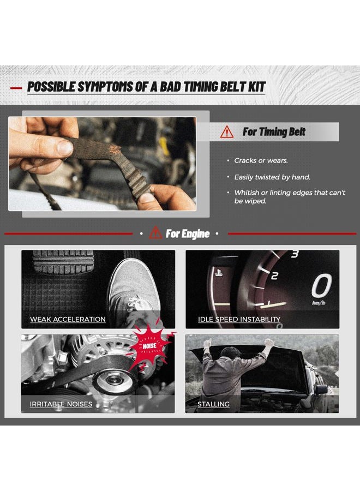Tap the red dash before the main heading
click(16, 88)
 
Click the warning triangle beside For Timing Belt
click(227, 132)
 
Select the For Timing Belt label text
click(274, 132)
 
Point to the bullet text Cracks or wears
click(261, 160)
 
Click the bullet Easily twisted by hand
click(272, 177)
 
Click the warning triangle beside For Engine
click(155, 233)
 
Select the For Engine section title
click(188, 233)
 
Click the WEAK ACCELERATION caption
click(68, 319)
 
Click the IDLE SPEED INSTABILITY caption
click(239, 319)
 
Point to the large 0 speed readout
click(321, 285)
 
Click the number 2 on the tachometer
click(274, 276)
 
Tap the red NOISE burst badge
click(149, 345)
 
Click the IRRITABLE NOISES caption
click(61, 404)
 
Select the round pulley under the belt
click(113, 380)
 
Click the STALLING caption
click(213, 404)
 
